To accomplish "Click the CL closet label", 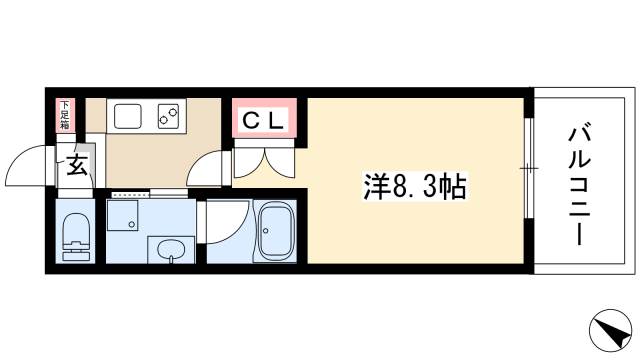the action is [x=263, y=120].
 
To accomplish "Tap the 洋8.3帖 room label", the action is [x=415, y=187].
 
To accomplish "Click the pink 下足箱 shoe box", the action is [x=65, y=116].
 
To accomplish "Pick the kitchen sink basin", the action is [x=128, y=116].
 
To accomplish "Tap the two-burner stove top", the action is [x=168, y=116].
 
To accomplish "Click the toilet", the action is [x=76, y=237].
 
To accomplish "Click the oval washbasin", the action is [x=171, y=249].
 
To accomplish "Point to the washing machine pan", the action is [x=122, y=216].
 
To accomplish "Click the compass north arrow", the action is [x=611, y=331].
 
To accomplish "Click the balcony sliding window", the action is [x=529, y=168].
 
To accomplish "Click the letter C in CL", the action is [x=251, y=121].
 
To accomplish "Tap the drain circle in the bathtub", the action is [x=266, y=231].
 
